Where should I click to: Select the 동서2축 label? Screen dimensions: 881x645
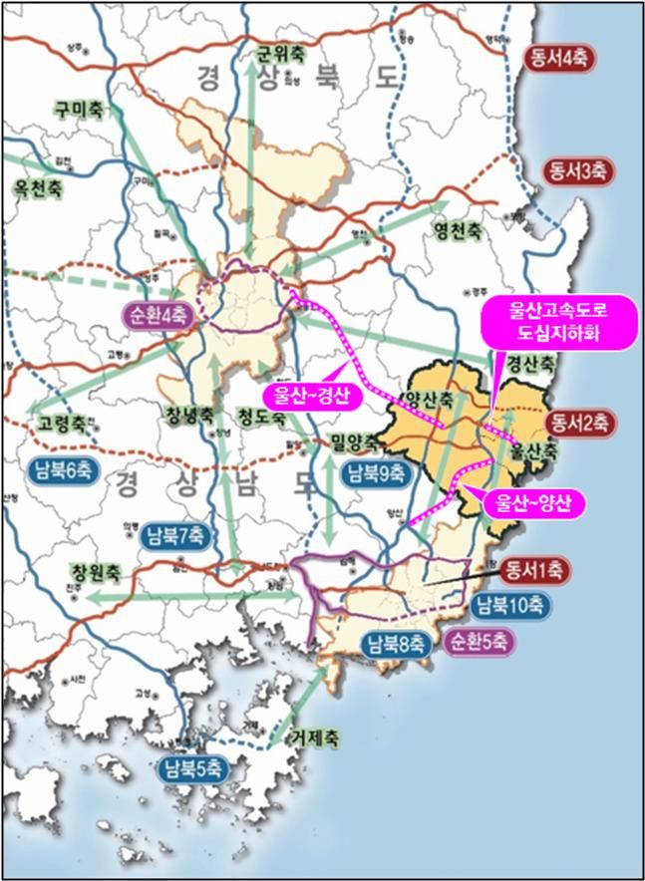coord(578,422)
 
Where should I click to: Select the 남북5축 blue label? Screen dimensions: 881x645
coord(195,767)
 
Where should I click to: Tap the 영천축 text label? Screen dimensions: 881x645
coord(457,230)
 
